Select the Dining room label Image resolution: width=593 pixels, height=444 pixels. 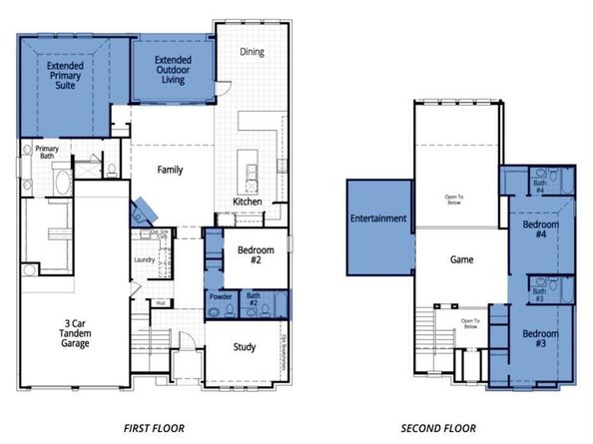[252, 52]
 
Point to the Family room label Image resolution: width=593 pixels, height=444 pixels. [170, 170]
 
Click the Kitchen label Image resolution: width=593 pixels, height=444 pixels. [248, 202]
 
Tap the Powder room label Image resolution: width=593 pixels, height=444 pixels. [221, 295]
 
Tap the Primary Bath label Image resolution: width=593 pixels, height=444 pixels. [47, 152]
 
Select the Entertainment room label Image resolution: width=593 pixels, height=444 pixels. [377, 219]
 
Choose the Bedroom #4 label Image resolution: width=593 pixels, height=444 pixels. [541, 230]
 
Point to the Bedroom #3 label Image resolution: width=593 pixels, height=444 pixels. [541, 338]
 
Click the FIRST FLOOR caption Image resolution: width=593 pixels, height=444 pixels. [153, 428]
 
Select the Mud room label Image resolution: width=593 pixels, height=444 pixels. [159, 303]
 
